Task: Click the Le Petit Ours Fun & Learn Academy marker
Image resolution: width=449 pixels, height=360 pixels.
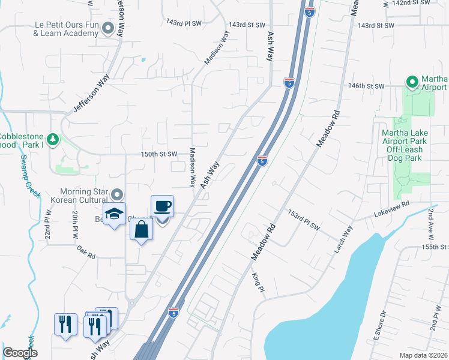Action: coord(108,28)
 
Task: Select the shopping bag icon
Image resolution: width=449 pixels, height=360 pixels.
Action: coord(141,230)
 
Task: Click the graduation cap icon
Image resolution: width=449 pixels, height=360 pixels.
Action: coord(114,213)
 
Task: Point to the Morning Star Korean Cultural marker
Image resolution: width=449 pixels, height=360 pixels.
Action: coord(117,194)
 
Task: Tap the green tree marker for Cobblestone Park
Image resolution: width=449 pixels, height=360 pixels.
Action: coord(53,139)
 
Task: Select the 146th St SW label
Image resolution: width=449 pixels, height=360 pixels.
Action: coord(367,86)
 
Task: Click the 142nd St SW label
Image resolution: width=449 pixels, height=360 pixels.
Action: coord(411,3)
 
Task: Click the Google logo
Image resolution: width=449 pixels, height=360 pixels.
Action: coord(20,353)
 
